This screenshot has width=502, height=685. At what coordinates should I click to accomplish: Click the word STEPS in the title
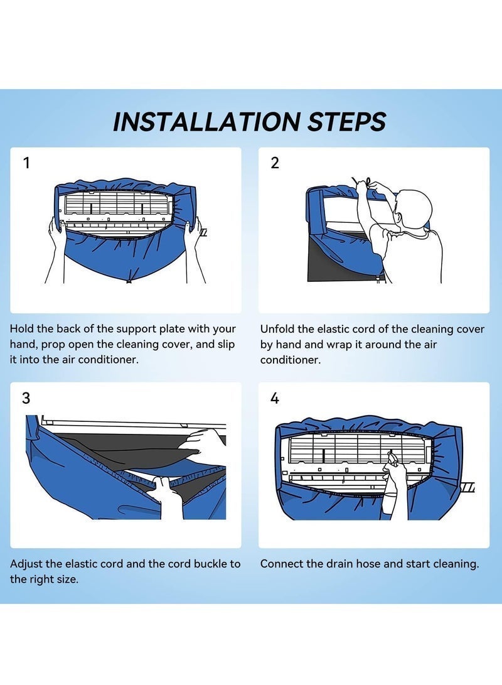tap(346, 121)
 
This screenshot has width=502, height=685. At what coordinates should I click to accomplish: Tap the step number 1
tap(26, 163)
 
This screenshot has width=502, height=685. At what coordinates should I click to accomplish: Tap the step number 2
tap(275, 163)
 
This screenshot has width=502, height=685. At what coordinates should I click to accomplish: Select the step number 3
tap(26, 398)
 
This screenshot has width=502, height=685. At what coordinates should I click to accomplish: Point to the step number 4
tap(275, 398)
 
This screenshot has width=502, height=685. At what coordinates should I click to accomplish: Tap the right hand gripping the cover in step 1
tap(193, 232)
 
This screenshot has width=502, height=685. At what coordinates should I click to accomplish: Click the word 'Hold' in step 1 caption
tap(21, 328)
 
